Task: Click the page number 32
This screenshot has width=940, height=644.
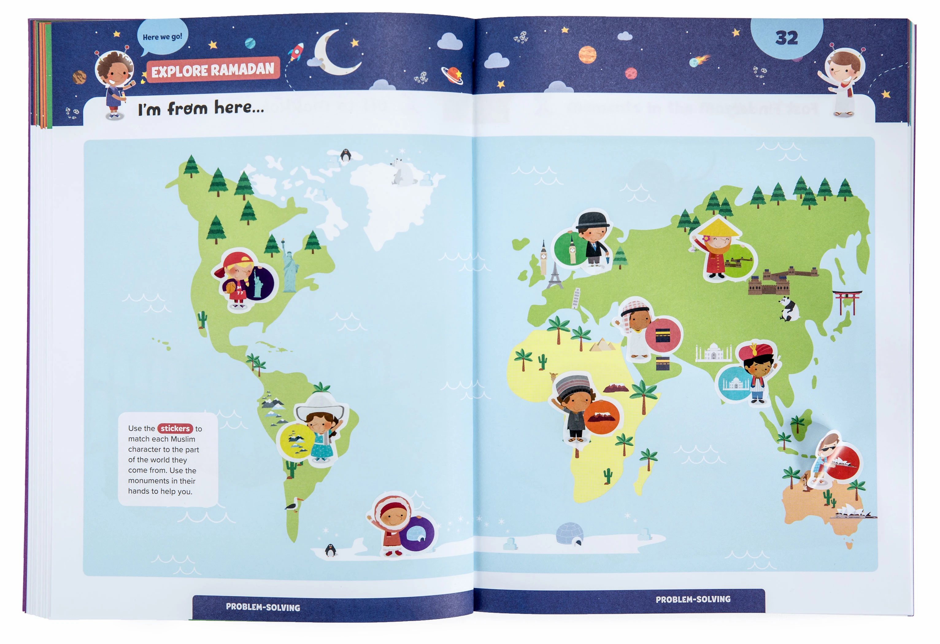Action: coord(786,38)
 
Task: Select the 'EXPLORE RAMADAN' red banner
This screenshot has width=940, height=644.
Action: coord(213,70)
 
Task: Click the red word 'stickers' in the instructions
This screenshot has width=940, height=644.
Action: coord(175,428)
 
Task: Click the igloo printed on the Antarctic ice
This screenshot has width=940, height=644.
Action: coord(570,533)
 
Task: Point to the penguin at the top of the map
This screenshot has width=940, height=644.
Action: coord(345,155)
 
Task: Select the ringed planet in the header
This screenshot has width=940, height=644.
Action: coord(452,75)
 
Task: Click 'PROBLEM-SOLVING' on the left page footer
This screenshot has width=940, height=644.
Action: coord(263,607)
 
